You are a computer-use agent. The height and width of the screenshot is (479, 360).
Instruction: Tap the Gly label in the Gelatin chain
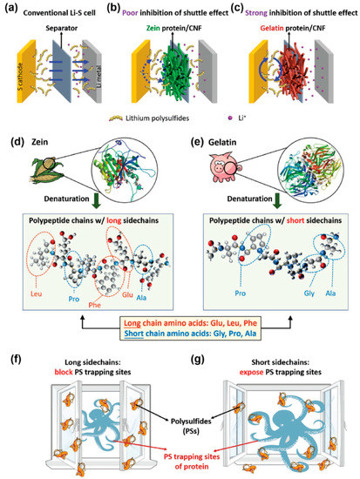click(x=301, y=287)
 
